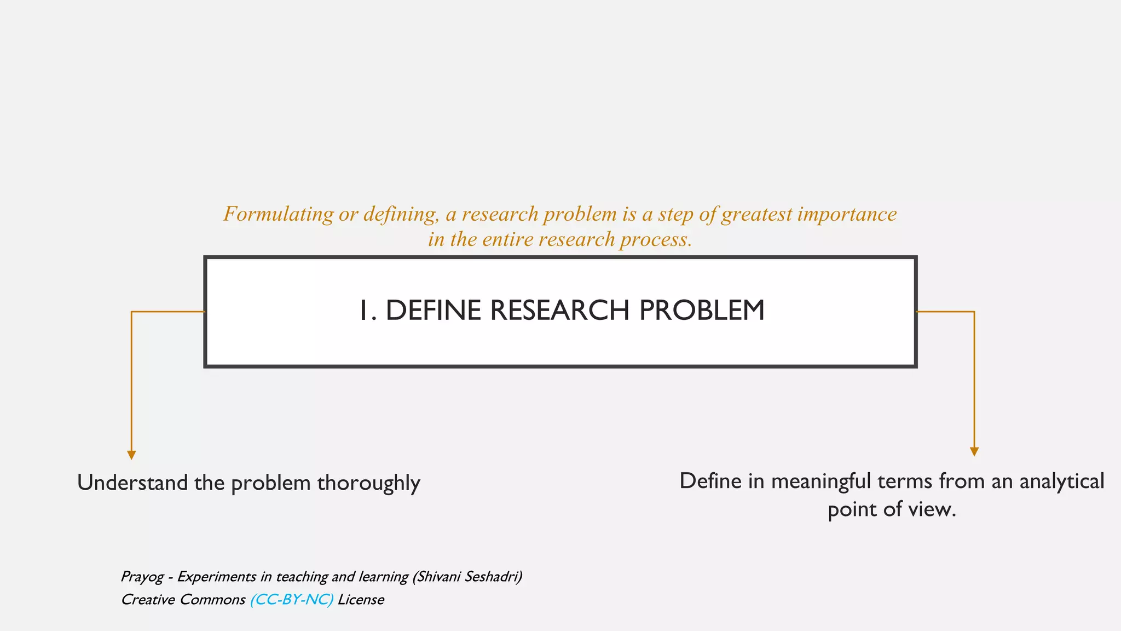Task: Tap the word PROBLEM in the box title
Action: pos(702,311)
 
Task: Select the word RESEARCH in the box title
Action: pos(559,311)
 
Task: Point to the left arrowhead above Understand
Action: pos(131,455)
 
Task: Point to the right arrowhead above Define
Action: pos(974,451)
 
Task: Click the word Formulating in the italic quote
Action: pos(278,214)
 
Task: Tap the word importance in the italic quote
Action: pos(847,214)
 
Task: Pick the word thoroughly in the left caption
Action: pos(368,483)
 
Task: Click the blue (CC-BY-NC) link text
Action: pos(291,600)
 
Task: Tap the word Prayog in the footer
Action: pos(142,577)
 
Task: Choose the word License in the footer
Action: pos(361,600)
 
